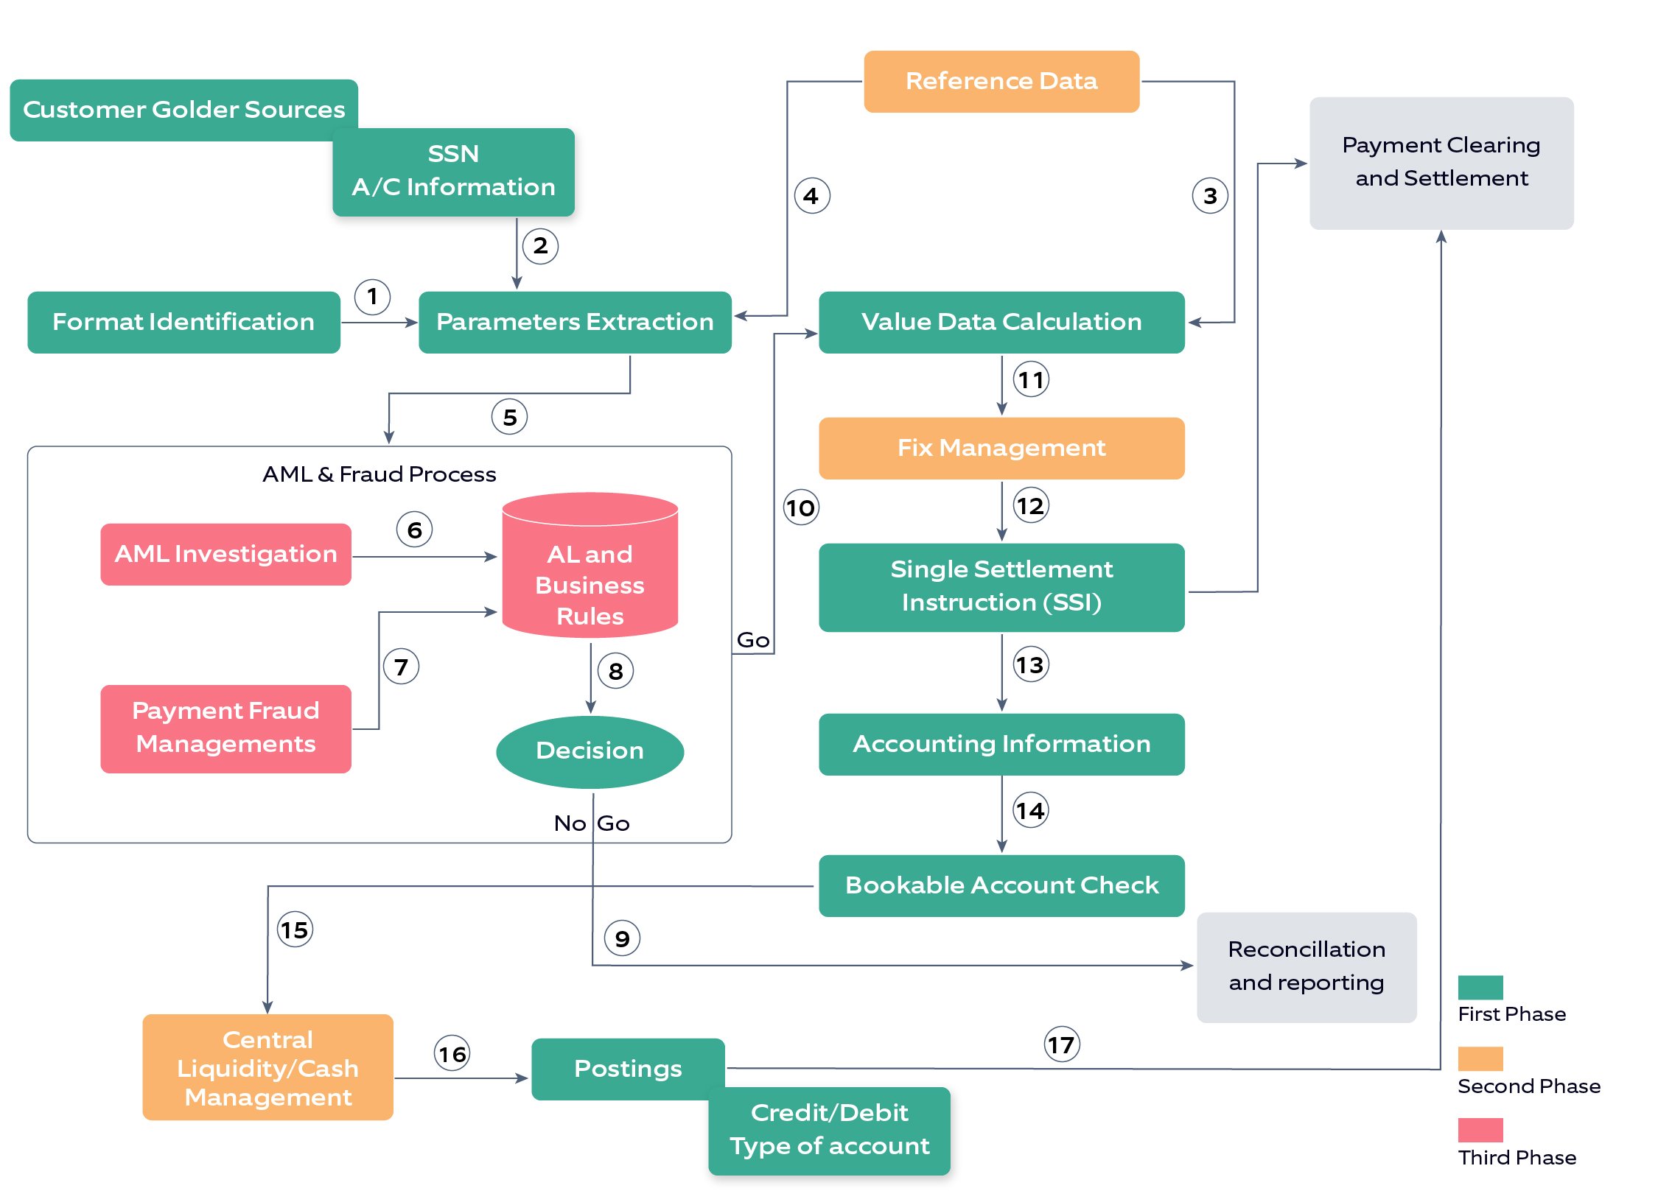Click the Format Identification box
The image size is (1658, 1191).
click(183, 322)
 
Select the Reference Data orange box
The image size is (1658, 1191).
click(1001, 81)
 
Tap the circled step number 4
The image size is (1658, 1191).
click(811, 196)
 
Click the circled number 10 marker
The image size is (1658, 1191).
click(800, 507)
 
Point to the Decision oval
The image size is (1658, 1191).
click(590, 751)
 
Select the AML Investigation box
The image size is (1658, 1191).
click(225, 554)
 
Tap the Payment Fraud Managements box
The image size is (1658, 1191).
click(225, 728)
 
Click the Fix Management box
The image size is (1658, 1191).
click(1001, 448)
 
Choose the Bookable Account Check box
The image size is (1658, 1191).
click(1001, 885)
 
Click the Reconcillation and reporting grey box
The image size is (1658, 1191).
click(1306, 966)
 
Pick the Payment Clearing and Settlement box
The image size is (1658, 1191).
click(1441, 163)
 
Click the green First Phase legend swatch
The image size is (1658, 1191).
click(1480, 987)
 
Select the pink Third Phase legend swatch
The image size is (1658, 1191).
click(1480, 1130)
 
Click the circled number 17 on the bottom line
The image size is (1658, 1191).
click(1061, 1044)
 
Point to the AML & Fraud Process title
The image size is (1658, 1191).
click(379, 474)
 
